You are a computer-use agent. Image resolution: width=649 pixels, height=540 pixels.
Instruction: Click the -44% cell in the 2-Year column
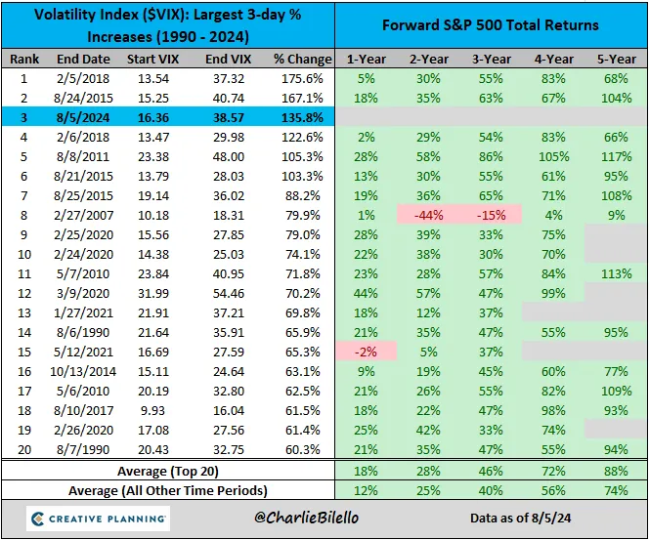[429, 216]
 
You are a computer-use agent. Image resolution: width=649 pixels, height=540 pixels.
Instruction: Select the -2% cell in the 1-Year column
[366, 352]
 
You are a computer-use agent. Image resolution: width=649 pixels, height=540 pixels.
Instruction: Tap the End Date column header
[83, 60]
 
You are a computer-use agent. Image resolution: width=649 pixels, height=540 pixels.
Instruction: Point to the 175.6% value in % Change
[302, 78]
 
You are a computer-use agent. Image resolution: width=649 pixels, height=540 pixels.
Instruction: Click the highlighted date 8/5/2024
[83, 118]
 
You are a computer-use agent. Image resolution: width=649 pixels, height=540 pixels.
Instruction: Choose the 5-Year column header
[617, 60]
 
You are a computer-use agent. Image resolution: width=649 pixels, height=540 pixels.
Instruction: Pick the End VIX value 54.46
[229, 294]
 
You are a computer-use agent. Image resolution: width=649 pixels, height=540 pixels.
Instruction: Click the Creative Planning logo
[98, 519]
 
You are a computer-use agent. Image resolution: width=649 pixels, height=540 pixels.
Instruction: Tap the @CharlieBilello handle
[307, 518]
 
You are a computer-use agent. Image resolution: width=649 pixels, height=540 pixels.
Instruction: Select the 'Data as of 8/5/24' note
[521, 519]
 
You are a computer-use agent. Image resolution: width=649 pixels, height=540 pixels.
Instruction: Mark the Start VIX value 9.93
[153, 410]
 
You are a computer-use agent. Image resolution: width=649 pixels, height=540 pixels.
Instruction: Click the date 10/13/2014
[83, 372]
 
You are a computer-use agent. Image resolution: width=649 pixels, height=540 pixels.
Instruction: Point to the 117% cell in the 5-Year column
[617, 156]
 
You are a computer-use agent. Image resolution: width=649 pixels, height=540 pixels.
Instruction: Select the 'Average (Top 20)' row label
[168, 472]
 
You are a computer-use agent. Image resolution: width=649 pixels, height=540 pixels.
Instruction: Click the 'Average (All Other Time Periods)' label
[168, 491]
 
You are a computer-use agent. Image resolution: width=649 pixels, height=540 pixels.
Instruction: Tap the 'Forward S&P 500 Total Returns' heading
[491, 25]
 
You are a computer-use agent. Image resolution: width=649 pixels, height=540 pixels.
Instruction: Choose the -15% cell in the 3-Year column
[492, 216]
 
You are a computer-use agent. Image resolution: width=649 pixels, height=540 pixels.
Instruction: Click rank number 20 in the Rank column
[24, 449]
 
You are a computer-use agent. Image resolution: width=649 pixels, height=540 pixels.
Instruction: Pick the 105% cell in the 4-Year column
[554, 156]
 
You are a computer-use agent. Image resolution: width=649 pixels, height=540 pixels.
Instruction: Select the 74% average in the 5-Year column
[617, 491]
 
